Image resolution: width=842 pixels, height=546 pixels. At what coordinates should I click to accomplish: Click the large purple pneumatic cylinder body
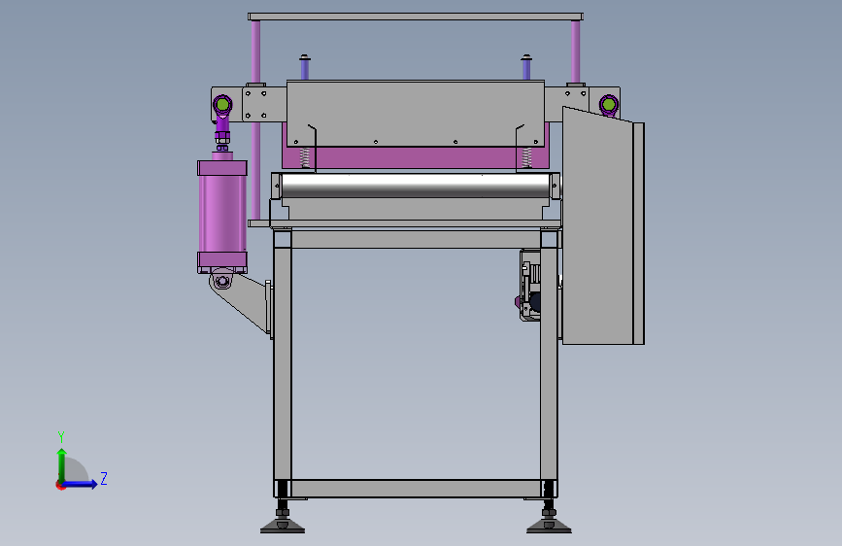pyautogui.click(x=222, y=214)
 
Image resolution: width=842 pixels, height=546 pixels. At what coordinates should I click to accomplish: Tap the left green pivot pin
pyautogui.click(x=222, y=104)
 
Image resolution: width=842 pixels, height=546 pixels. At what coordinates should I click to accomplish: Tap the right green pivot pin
pyautogui.click(x=608, y=103)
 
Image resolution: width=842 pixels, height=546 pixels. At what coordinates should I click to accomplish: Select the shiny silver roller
pyautogui.click(x=417, y=186)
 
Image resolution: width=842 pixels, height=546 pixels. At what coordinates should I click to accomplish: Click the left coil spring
pyautogui.click(x=306, y=157)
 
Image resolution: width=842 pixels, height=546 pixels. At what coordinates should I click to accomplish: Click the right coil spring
pyautogui.click(x=526, y=157)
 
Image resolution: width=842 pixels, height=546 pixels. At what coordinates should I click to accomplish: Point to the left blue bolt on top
pyautogui.click(x=305, y=67)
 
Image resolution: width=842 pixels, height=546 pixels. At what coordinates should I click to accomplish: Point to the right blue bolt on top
pyautogui.click(x=526, y=67)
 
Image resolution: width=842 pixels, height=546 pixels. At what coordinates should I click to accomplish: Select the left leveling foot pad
pyautogui.click(x=283, y=527)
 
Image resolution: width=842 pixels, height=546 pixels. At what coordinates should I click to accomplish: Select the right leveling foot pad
pyautogui.click(x=549, y=527)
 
